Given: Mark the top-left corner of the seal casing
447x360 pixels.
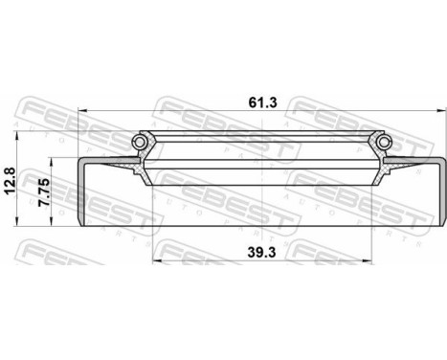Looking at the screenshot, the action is pos(78,156).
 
